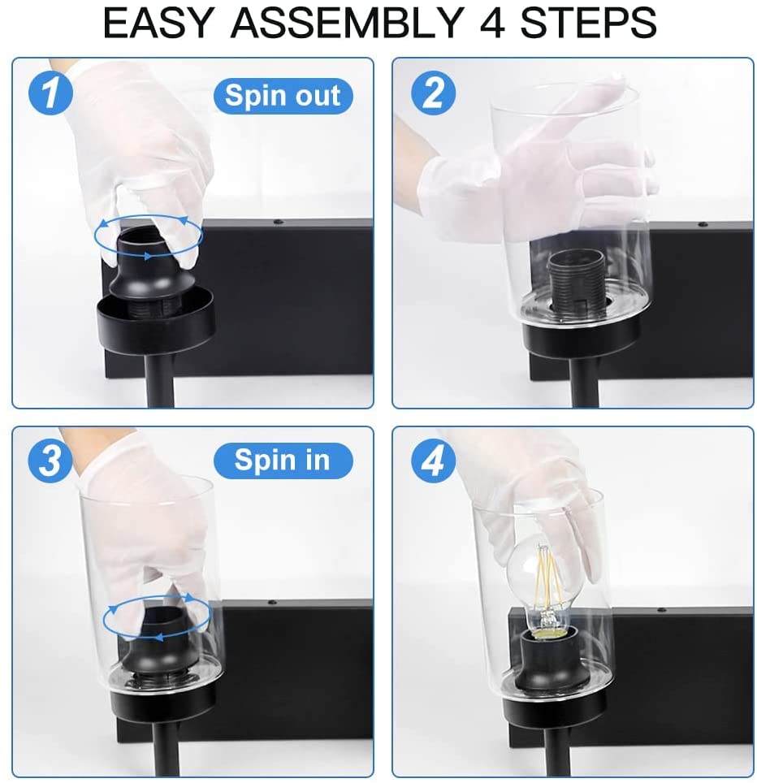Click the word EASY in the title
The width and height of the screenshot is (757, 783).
(158, 23)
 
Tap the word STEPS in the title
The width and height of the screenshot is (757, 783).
(588, 23)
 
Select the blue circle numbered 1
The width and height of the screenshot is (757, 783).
(50, 93)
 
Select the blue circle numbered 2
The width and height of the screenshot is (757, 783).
(433, 93)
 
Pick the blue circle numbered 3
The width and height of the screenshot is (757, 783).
(50, 460)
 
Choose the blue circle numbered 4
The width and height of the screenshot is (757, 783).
(433, 460)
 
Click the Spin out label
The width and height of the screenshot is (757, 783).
(283, 95)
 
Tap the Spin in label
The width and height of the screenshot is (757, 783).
(283, 461)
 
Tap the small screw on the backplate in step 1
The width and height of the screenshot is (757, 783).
(275, 222)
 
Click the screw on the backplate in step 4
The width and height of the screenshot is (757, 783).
(661, 611)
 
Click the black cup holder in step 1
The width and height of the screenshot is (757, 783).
(154, 317)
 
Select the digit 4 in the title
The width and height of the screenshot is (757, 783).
(492, 23)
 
